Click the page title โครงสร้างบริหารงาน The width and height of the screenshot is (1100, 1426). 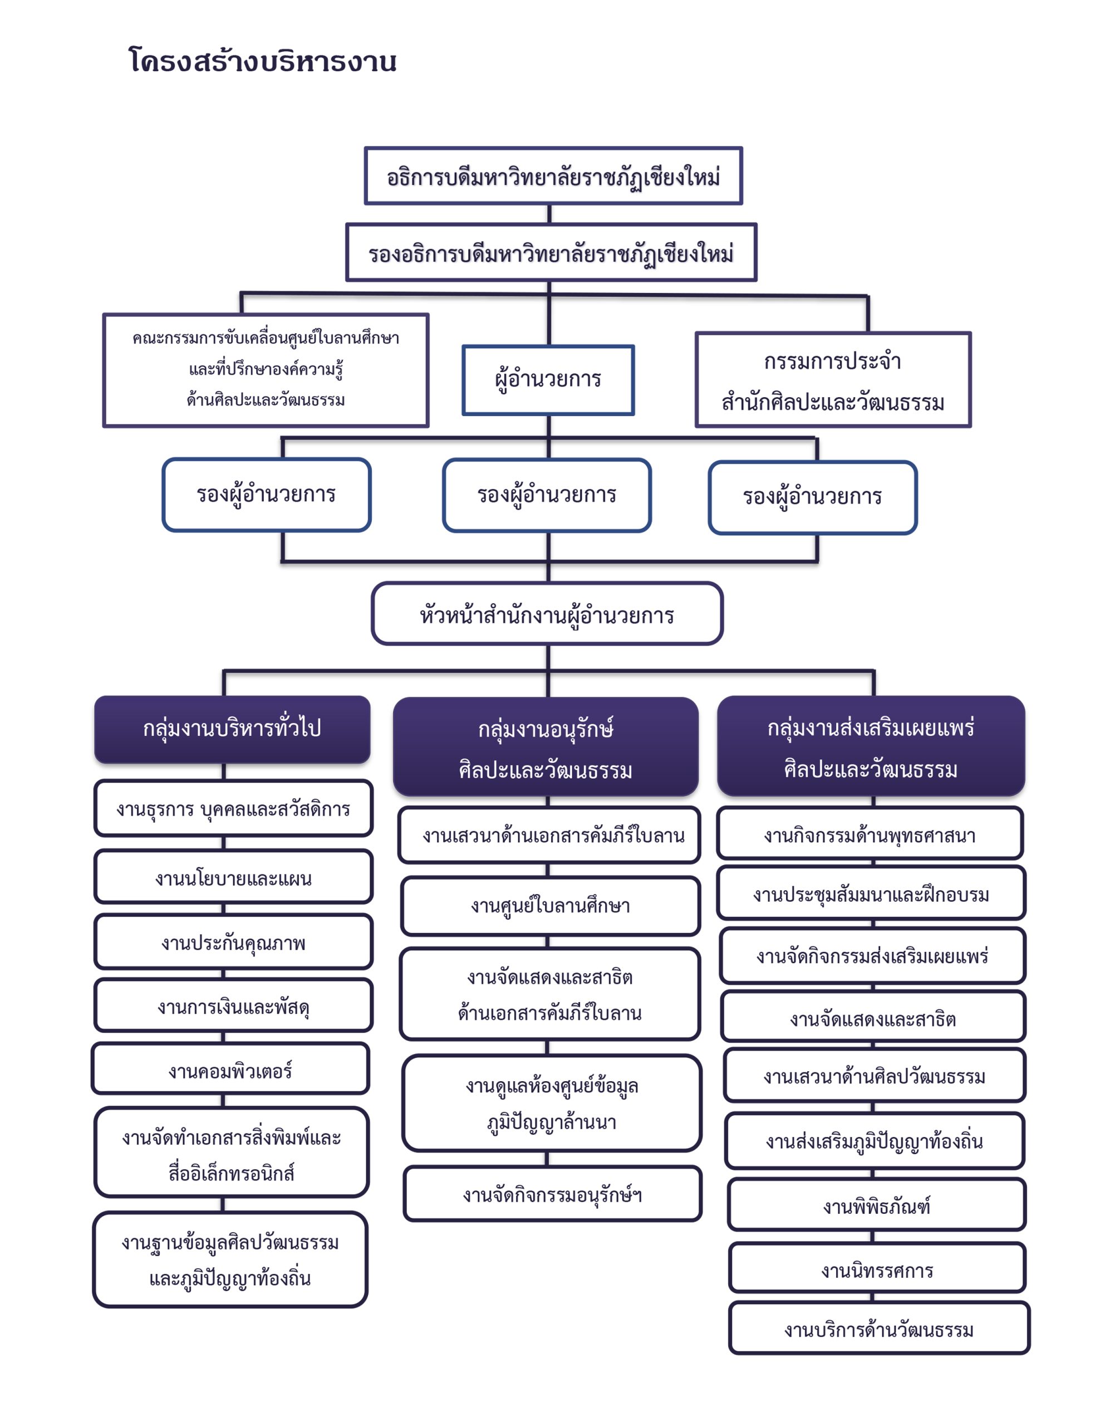click(262, 61)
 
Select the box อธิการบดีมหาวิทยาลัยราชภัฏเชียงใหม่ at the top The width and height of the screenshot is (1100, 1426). click(553, 175)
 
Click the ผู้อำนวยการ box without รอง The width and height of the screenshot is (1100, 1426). click(548, 380)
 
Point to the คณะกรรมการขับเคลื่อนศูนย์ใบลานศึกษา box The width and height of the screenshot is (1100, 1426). click(266, 370)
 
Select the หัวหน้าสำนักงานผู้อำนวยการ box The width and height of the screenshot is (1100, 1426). click(547, 614)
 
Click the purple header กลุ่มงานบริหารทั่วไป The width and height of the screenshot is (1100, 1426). click(232, 729)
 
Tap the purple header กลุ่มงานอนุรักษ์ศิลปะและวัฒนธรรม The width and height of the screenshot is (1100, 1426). click(546, 746)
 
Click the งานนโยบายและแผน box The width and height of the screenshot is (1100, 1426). click(233, 876)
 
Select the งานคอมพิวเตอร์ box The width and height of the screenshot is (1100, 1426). click(230, 1068)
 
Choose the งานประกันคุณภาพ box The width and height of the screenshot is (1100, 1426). click(233, 941)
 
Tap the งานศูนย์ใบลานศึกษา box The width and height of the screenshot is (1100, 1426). click(550, 906)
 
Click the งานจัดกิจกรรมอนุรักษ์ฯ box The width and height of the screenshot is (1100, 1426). click(553, 1194)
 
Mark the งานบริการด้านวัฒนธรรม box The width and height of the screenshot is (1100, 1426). click(879, 1328)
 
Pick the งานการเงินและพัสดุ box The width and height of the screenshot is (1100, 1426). click(233, 1005)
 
